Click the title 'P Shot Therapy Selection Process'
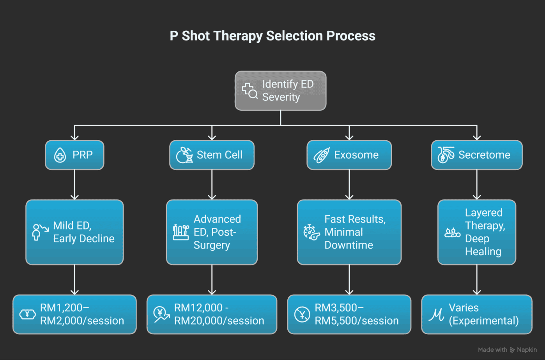272,36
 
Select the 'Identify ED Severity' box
280,91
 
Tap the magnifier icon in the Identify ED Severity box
249,91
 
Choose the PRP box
74,155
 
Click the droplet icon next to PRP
60,155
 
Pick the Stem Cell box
212,155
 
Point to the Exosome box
349,155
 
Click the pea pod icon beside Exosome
322,155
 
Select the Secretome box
476,155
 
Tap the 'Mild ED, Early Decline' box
74,232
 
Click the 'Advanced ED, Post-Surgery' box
212,232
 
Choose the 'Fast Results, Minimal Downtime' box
349,232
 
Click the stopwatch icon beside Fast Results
311,232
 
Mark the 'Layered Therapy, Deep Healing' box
476,232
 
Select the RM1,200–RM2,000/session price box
74,314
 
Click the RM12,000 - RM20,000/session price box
212,314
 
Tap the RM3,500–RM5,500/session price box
349,314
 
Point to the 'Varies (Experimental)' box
476,314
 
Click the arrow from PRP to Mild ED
74,185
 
